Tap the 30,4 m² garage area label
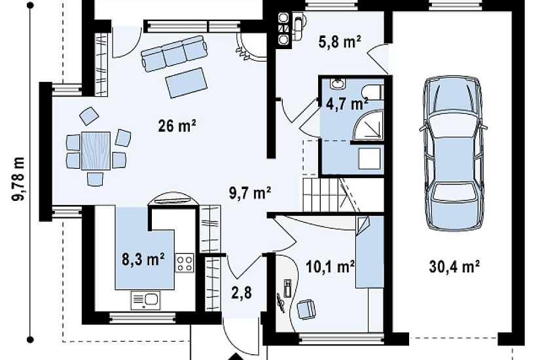pyautogui.click(x=455, y=266)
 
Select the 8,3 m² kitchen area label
pyautogui.click(x=143, y=259)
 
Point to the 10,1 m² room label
pyautogui.click(x=331, y=266)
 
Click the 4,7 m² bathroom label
pyautogui.click(x=347, y=103)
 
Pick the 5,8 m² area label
pyautogui.click(x=340, y=42)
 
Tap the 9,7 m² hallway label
pyautogui.click(x=250, y=193)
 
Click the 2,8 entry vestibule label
pyautogui.click(x=242, y=293)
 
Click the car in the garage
pyautogui.click(x=453, y=153)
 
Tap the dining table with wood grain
pyautogui.click(x=96, y=151)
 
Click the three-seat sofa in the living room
pyautogui.click(x=173, y=54)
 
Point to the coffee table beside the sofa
pyautogui.click(x=186, y=82)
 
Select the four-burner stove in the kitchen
pyautogui.click(x=185, y=263)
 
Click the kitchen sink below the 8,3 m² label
pyautogui.click(x=145, y=300)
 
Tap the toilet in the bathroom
pyautogui.click(x=372, y=92)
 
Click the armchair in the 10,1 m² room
pyautogui.click(x=306, y=310)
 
